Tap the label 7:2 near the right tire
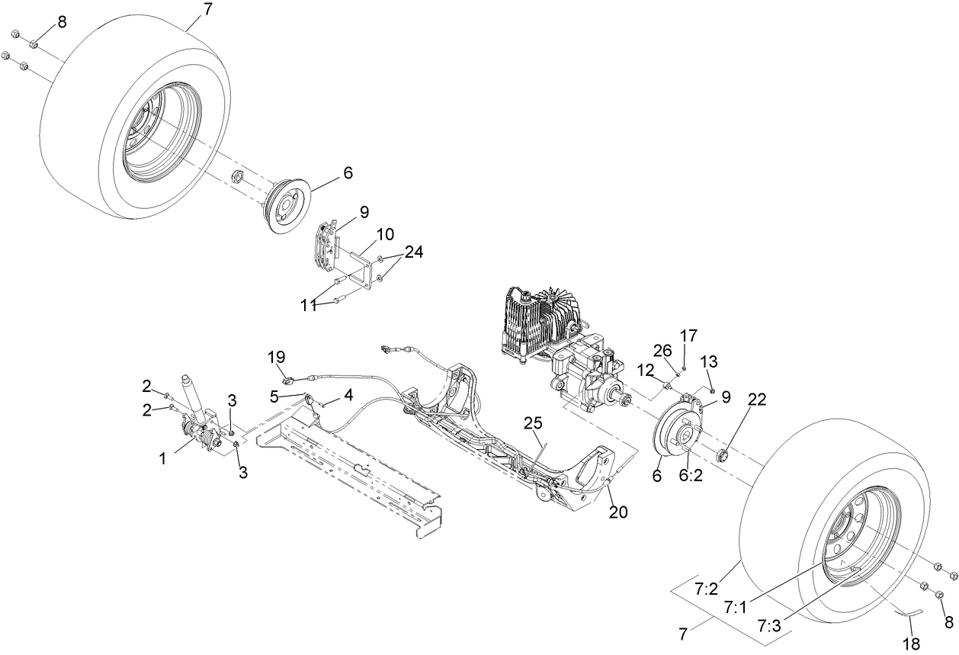pyautogui.click(x=706, y=589)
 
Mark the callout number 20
pyautogui.click(x=617, y=512)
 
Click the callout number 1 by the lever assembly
pyautogui.click(x=162, y=459)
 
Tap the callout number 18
pyautogui.click(x=912, y=643)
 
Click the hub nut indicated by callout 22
pyautogui.click(x=723, y=456)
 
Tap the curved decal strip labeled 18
pyautogui.click(x=909, y=611)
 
